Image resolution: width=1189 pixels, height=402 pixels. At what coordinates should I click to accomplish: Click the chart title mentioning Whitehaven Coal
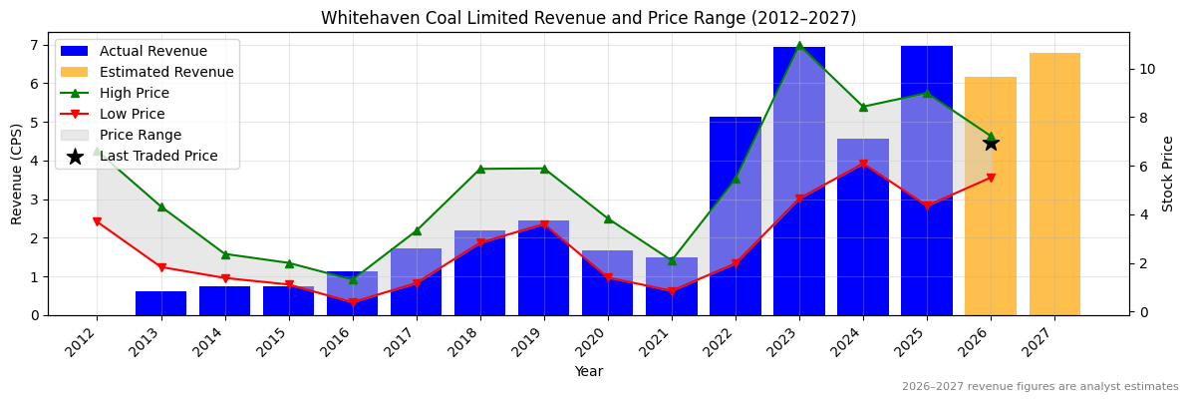click(588, 18)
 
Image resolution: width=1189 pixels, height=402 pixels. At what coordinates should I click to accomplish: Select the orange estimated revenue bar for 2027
click(1054, 184)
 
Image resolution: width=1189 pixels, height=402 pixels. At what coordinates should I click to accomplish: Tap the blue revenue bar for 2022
click(736, 215)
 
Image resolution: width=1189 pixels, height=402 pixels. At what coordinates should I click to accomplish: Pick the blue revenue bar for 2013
click(161, 303)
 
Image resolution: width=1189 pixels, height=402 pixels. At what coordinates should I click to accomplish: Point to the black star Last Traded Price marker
click(991, 143)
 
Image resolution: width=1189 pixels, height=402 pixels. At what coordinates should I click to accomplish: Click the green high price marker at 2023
click(799, 46)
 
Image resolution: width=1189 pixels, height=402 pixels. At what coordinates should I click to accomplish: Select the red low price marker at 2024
click(863, 164)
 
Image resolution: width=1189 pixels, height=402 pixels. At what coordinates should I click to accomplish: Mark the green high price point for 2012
click(98, 151)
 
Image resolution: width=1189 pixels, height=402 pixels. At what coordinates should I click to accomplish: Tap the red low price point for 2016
click(353, 302)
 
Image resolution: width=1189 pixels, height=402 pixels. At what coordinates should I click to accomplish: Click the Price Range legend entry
click(141, 135)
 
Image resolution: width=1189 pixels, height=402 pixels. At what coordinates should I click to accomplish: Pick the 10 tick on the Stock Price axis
click(1147, 69)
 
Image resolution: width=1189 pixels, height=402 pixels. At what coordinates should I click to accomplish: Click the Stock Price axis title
click(1168, 174)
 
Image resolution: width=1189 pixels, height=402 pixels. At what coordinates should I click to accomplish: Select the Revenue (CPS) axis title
click(17, 174)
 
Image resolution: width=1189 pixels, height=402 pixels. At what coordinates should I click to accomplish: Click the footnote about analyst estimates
click(1040, 387)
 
